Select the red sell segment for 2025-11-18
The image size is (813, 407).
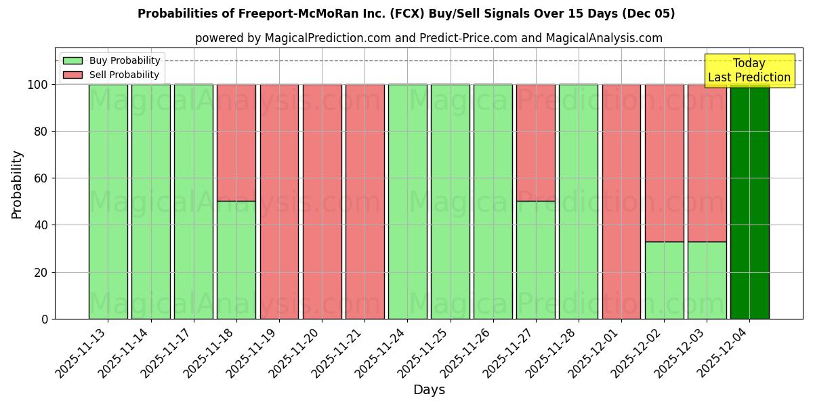236,142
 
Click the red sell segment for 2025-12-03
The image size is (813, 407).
707,163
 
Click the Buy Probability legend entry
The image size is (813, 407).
112,60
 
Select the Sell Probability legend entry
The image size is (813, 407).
111,75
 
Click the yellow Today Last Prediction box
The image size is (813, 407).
749,71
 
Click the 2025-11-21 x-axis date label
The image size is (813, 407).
339,349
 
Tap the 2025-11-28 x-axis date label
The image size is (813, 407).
553,349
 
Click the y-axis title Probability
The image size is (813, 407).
17,184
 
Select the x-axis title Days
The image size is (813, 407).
429,389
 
